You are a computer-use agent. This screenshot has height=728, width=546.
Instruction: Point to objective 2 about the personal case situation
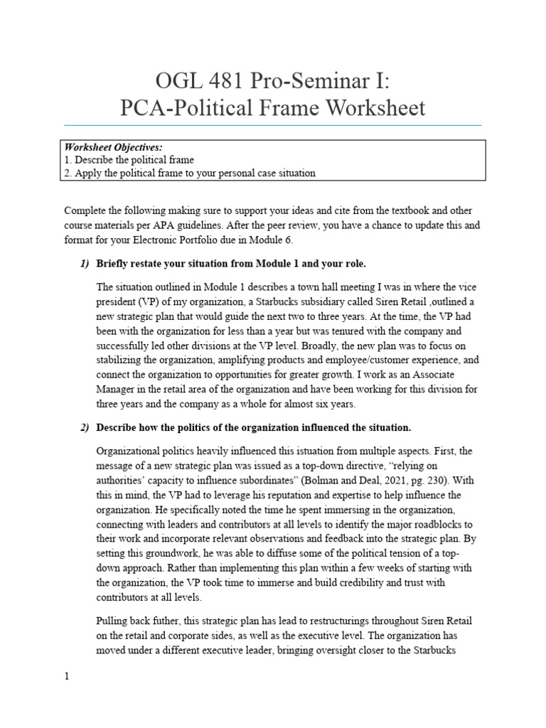(189, 173)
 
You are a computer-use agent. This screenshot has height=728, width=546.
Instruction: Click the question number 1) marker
(85, 264)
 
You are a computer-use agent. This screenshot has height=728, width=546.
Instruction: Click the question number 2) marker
(85, 427)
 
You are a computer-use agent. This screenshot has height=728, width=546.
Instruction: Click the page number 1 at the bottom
(67, 677)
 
